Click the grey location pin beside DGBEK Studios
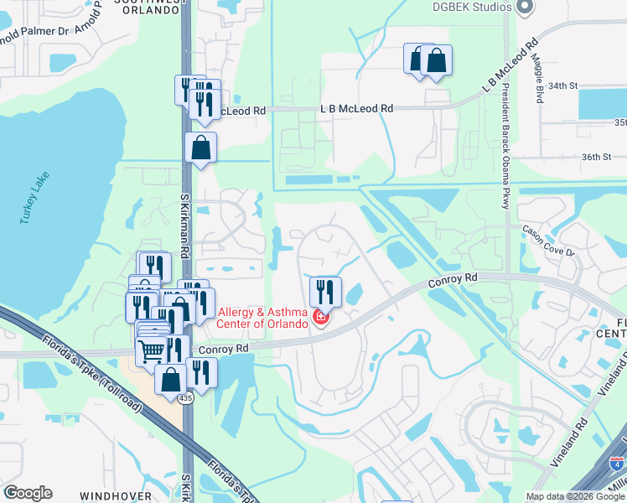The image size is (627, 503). (x=526, y=7)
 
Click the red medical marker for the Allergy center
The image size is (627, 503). (x=319, y=317)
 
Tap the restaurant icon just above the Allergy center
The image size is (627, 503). (x=324, y=291)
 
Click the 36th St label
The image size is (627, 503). (x=598, y=157)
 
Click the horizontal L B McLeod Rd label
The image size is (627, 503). (x=357, y=109)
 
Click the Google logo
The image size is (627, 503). (x=28, y=493)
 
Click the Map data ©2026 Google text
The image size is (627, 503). (x=573, y=496)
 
